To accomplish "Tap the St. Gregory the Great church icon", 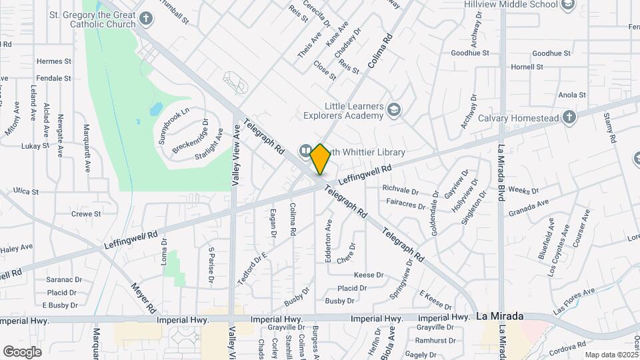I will (129, 19).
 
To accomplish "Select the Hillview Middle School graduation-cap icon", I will (568, 5).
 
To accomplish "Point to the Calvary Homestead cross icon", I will (569, 118).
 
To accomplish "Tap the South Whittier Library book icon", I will (305, 151).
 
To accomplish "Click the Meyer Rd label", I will (143, 298).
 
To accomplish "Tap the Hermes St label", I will (54, 61).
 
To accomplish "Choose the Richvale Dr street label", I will (401, 189).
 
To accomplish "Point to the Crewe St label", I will (86, 214).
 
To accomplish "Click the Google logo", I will (23, 351).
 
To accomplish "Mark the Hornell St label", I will (527, 67).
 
